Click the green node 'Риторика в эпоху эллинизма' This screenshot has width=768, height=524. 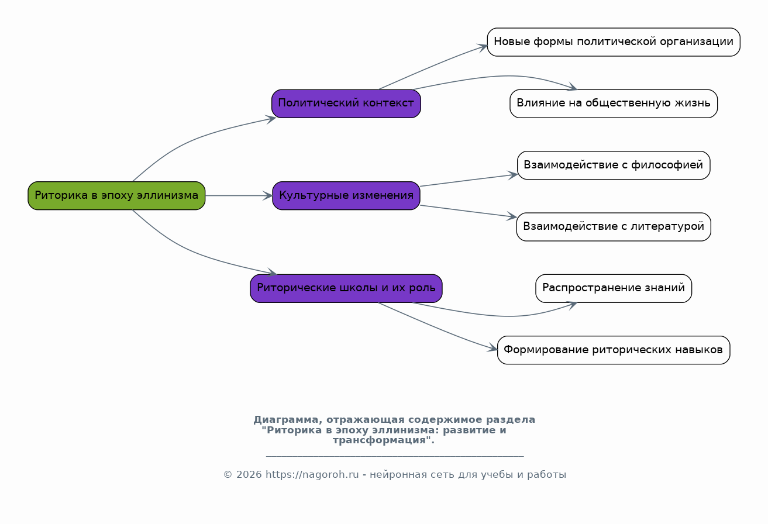pos(116,195)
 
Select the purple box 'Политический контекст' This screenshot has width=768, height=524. pos(346,104)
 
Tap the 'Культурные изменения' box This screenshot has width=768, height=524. pos(346,195)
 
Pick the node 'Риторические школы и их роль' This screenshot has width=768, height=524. pos(346,288)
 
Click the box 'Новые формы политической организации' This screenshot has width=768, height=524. pos(613,42)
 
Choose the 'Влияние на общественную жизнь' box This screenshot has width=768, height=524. pos(613,104)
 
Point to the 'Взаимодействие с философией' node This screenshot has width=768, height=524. pos(613,165)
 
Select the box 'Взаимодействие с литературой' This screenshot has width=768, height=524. pos(613,226)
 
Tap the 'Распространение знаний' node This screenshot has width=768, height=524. pos(613,288)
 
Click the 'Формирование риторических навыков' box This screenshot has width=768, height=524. pos(613,350)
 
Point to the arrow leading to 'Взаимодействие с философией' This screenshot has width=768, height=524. pos(468,180)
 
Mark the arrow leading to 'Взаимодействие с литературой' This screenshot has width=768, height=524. pos(468,211)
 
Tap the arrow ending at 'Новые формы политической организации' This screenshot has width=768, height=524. pos(439,64)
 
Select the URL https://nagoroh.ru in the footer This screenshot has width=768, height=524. pos(312,475)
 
